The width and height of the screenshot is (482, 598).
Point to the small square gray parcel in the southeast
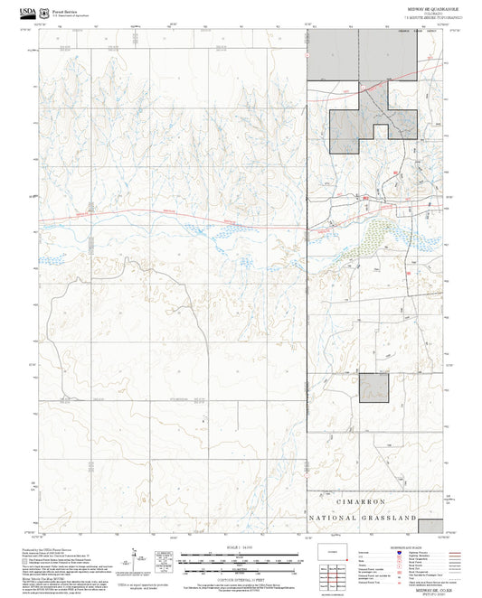[x=373, y=387]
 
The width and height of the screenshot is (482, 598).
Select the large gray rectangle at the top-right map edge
[x=332, y=54]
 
